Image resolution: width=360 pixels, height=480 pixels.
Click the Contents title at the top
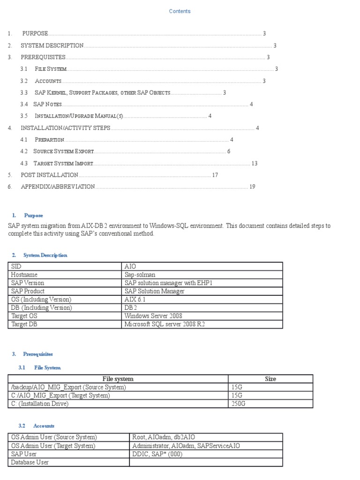click(180, 11)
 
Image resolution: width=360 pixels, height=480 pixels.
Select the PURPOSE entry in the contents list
click(35, 33)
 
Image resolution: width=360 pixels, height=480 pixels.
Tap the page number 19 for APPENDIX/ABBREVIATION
click(252, 187)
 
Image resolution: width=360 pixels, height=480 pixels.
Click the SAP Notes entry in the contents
click(47, 104)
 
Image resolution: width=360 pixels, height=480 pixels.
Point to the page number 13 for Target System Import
click(255, 164)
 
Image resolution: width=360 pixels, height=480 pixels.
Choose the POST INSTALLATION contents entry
click(49, 175)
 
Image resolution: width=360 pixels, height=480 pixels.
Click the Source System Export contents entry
click(64, 151)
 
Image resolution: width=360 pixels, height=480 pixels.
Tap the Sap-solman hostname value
click(140, 275)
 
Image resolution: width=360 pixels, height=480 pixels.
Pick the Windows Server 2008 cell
click(153, 316)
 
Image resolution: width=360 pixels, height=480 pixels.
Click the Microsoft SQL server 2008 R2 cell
click(165, 324)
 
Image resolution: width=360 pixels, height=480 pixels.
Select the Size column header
click(270, 379)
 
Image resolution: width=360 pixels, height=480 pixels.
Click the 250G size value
click(239, 404)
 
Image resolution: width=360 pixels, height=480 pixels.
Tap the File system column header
click(118, 379)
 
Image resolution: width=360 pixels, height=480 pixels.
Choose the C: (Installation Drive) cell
click(39, 404)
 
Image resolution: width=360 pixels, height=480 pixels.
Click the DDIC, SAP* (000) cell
click(157, 454)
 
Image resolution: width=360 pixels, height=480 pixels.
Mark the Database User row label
click(30, 462)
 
